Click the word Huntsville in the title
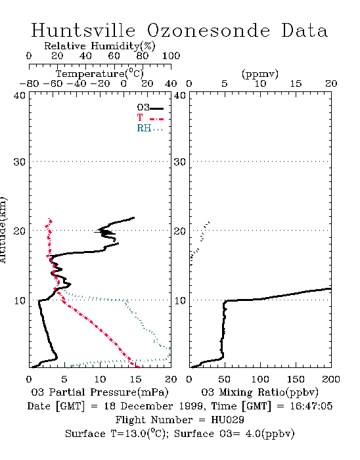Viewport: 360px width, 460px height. [83, 30]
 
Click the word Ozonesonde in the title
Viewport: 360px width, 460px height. [208, 31]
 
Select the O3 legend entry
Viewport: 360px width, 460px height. [150, 108]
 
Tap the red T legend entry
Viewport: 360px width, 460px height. [150, 118]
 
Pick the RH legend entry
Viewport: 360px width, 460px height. [150, 128]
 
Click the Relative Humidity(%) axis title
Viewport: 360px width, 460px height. [100, 46]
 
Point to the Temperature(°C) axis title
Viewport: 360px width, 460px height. [100, 74]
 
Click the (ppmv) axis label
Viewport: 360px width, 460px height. [260, 74]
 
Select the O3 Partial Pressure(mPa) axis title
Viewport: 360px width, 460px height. [100, 392]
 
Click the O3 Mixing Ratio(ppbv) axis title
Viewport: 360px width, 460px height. [259, 392]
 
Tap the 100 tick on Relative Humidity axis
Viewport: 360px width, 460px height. [171, 56]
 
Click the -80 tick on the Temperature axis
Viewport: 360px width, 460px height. [29, 83]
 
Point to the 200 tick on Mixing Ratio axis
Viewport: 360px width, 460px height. [331, 379]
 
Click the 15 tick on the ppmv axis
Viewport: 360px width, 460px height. [296, 83]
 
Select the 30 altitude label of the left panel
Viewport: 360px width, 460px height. [20, 162]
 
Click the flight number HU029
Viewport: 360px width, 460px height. [227, 420]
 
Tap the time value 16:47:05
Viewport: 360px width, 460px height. [311, 406]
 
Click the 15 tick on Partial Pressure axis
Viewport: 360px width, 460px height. [135, 379]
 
